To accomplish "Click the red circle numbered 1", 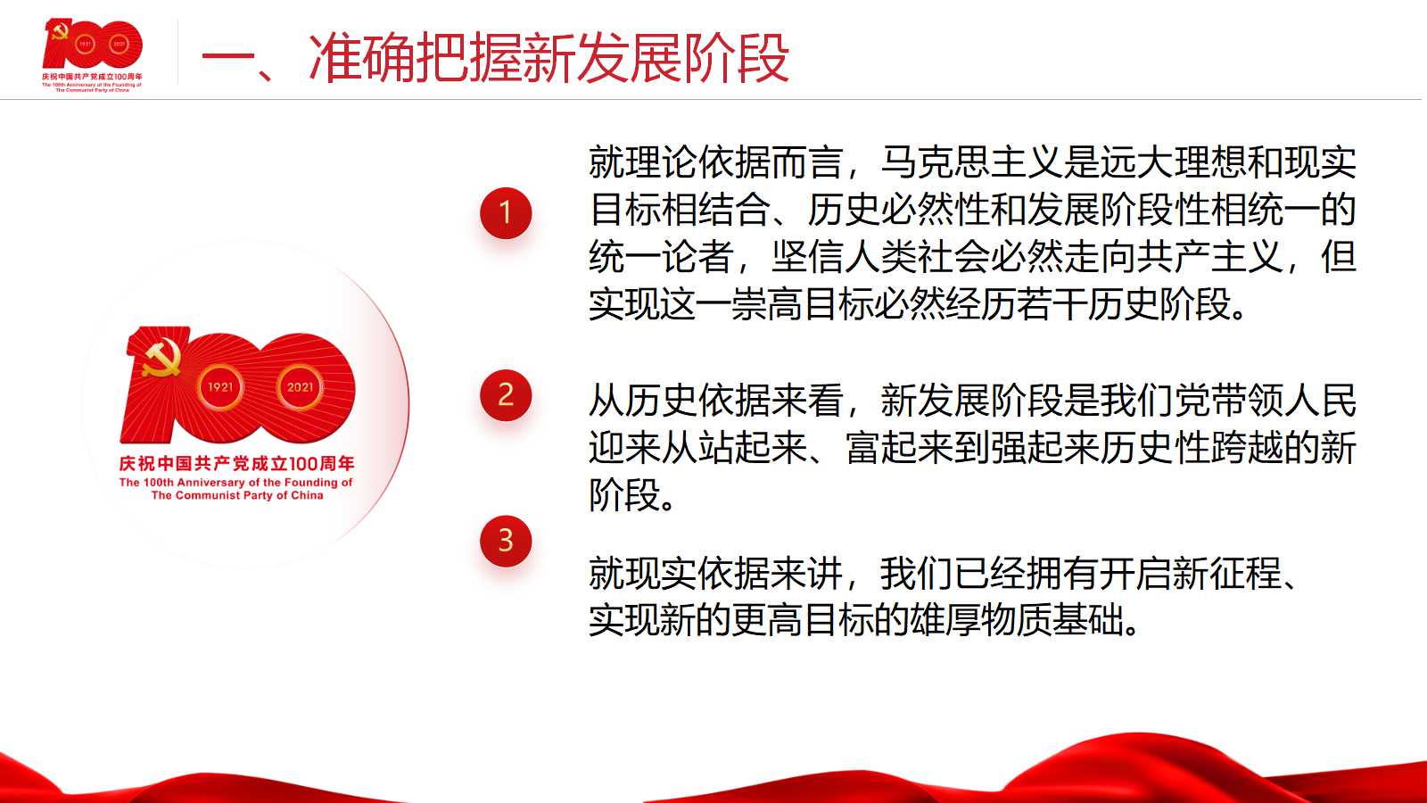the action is click(505, 213).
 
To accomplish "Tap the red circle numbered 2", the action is click(505, 395).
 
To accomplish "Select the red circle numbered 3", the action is click(505, 541).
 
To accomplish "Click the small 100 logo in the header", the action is click(93, 44).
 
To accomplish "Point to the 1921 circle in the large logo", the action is click(220, 387).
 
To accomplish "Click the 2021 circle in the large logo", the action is click(300, 387).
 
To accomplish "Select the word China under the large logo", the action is click(307, 495).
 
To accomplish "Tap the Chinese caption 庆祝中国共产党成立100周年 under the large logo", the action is click(236, 463).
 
